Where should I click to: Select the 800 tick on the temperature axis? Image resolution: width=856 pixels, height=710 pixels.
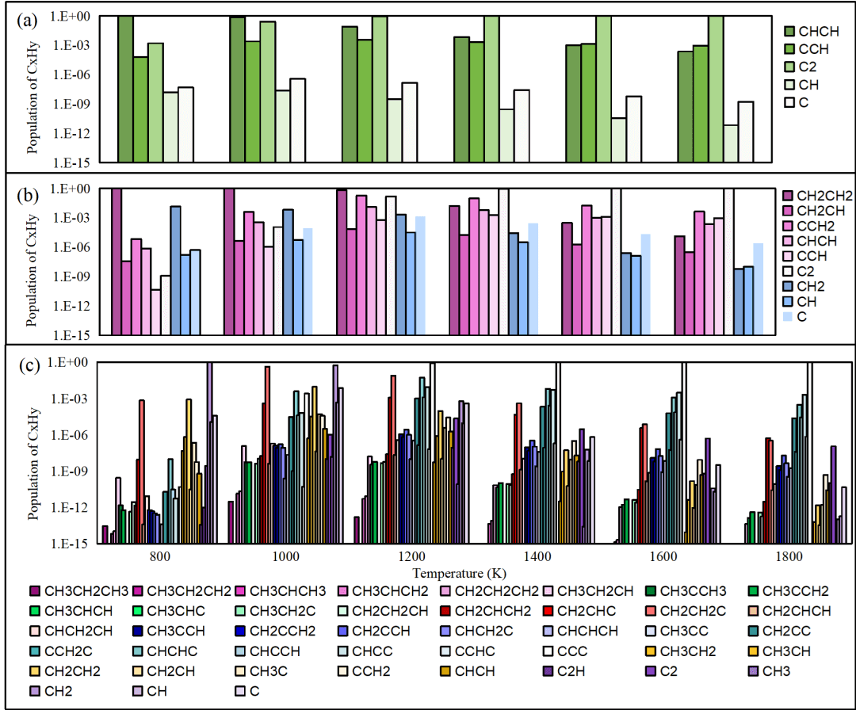(x=159, y=557)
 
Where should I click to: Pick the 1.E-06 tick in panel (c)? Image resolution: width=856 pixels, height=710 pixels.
(x=75, y=435)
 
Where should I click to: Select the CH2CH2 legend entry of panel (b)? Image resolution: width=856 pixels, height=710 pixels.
(x=820, y=196)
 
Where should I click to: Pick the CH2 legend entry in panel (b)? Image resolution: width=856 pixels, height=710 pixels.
(x=808, y=286)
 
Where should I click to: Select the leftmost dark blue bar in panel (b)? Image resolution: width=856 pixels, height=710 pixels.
(x=175, y=270)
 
